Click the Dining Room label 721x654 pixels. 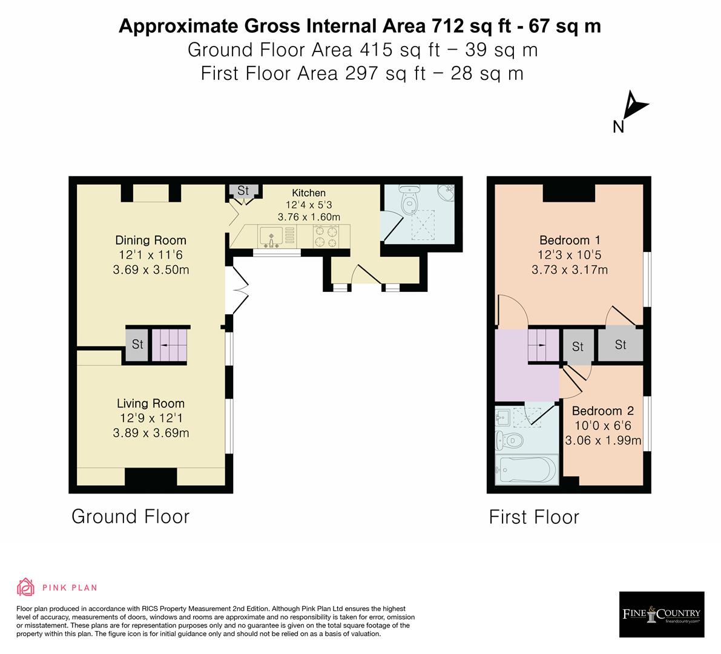[151, 240]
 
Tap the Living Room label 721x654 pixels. [151, 404]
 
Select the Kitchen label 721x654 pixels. [309, 193]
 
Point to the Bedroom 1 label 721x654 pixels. [570, 240]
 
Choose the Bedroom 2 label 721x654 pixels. [602, 411]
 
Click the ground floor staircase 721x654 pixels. [170, 345]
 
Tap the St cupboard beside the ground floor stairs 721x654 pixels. [137, 345]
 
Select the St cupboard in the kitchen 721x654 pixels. [243, 191]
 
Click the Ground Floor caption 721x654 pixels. [130, 517]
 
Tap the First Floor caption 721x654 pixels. [534, 517]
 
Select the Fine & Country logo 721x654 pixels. [662, 615]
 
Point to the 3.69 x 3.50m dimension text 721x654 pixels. [151, 270]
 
